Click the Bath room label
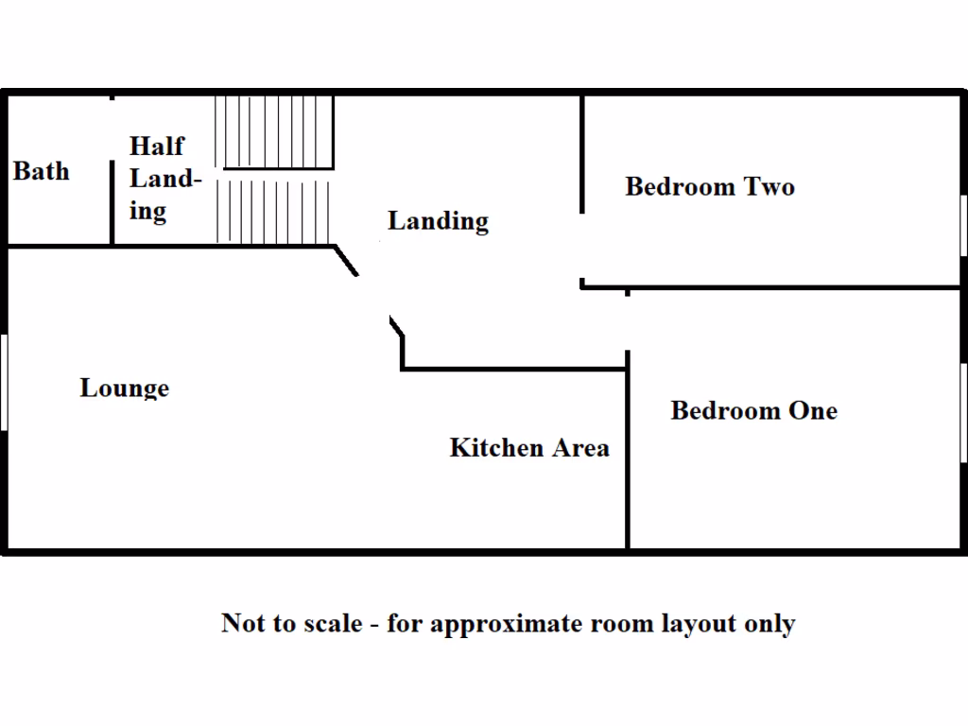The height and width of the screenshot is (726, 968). coord(41,172)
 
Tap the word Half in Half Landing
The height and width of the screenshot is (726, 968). coord(157,147)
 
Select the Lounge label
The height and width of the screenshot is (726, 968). coord(124,388)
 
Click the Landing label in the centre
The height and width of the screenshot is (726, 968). coord(438,221)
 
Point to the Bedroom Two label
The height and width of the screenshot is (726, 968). coord(709,186)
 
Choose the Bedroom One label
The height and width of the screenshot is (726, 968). coord(753,410)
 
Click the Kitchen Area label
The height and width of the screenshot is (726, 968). coord(529,447)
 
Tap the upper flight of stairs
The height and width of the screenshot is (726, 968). coord(275,130)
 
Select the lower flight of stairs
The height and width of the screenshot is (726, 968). coord(273,211)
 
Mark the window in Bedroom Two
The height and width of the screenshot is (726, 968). coord(963,225)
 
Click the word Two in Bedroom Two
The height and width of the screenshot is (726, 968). coord(770,186)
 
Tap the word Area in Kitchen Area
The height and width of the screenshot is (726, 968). coord(579,447)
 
